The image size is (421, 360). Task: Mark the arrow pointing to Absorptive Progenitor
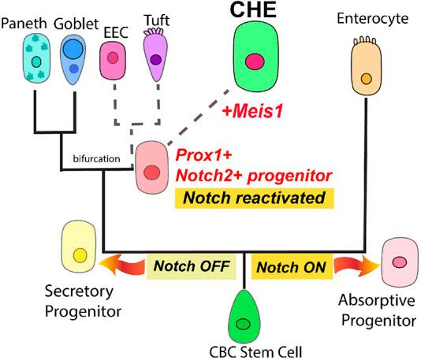pos(349,268)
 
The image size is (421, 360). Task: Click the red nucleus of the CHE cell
pos(255,62)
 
